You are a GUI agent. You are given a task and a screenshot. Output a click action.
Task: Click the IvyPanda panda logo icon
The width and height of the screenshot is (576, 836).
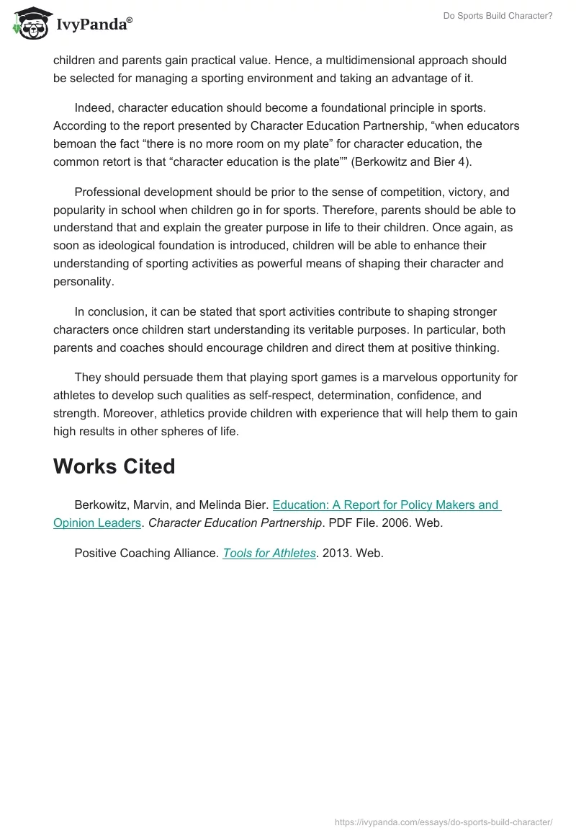30,22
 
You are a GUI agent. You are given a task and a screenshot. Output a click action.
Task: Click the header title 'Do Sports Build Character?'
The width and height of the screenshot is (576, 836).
498,16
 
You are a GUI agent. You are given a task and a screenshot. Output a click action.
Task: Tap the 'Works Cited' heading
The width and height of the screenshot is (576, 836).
114,466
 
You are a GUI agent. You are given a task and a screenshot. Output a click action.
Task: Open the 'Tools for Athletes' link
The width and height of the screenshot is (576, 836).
269,553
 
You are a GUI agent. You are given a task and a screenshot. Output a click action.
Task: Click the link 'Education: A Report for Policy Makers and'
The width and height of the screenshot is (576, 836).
387,504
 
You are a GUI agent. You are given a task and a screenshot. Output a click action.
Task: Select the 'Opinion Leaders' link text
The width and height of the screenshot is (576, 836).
97,523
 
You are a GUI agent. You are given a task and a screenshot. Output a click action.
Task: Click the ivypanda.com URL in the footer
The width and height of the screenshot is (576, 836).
444,822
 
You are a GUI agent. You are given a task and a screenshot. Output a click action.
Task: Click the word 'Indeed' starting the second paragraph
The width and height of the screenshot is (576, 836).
94,108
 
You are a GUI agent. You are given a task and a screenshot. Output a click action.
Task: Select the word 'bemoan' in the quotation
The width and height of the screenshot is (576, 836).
74,143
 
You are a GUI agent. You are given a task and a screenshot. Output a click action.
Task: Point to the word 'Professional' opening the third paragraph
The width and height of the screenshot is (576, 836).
109,192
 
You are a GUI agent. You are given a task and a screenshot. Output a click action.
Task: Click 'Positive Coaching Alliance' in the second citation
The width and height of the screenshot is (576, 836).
145,553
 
